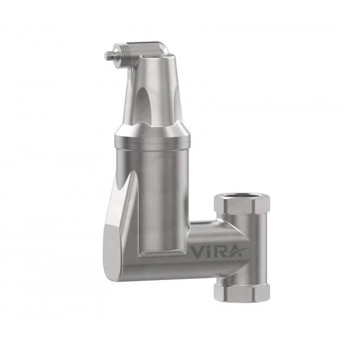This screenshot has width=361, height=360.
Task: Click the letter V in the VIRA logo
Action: click(197, 252)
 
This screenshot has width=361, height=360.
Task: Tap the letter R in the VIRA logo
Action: click(218, 252)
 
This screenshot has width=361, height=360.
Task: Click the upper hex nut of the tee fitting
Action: click(242, 205)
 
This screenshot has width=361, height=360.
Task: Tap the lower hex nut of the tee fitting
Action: click(242, 293)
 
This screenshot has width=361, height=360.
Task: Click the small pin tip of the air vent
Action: click(108, 56)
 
